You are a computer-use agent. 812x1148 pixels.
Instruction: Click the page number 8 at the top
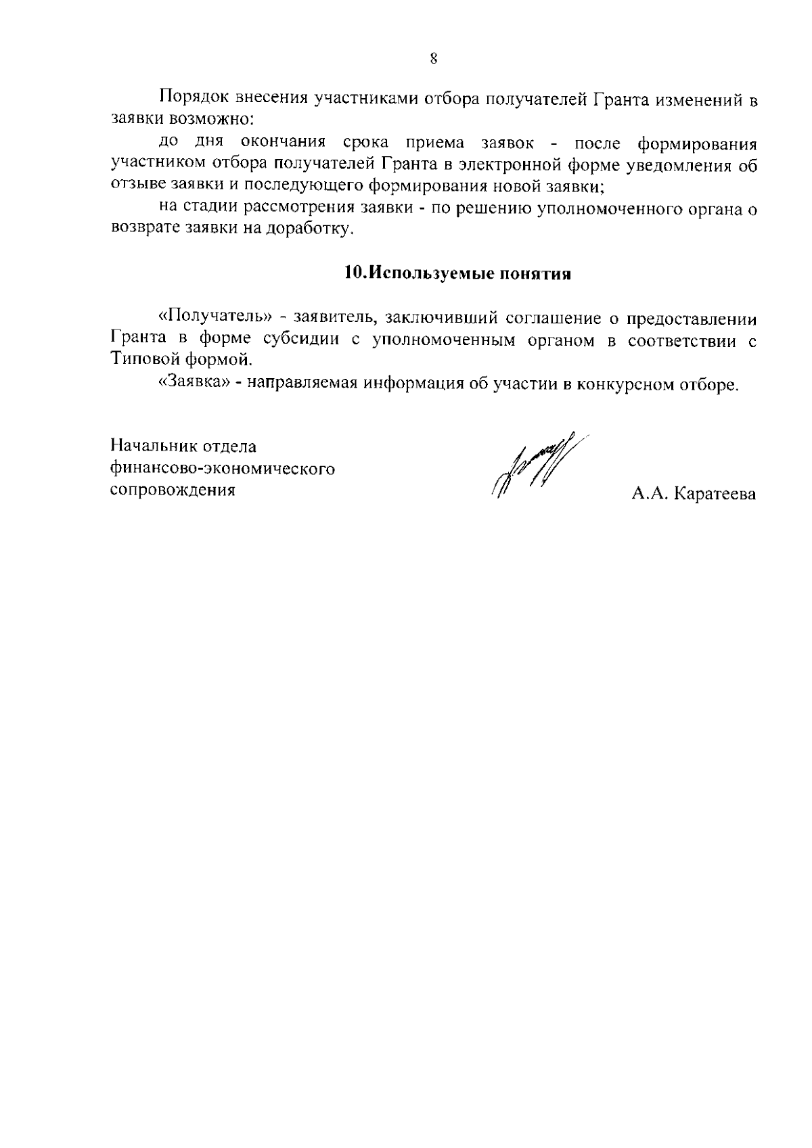click(x=434, y=58)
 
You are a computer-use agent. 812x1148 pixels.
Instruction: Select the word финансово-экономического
click(x=223, y=469)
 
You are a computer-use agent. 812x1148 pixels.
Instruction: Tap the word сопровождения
click(x=173, y=490)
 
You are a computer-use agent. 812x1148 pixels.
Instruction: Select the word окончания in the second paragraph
click(x=284, y=143)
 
